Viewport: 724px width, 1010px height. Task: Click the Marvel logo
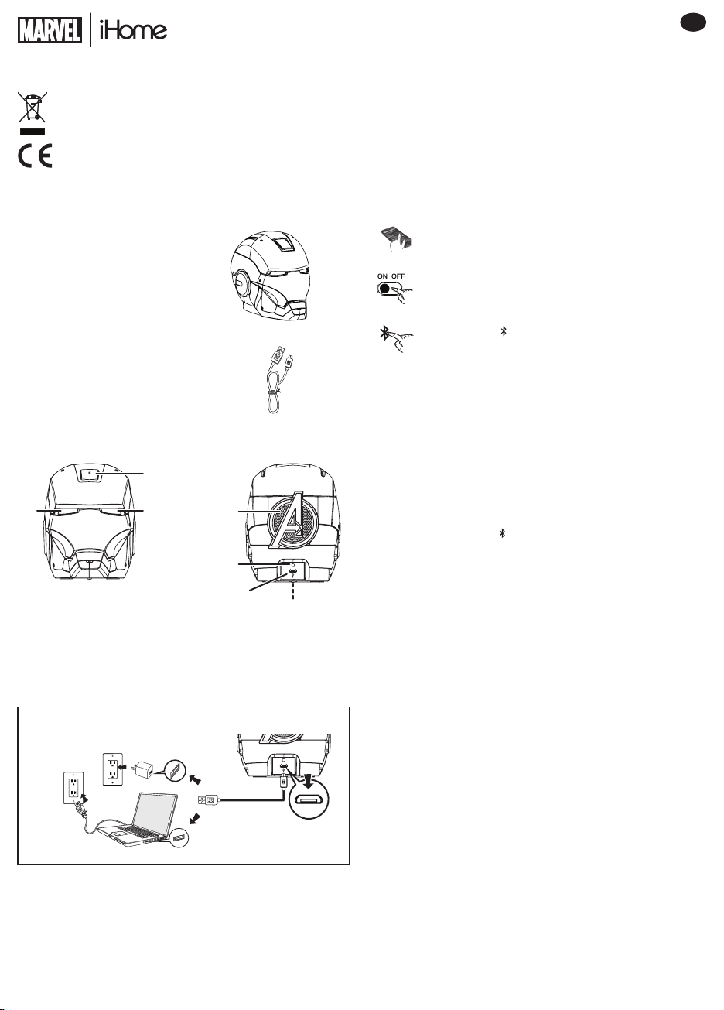coord(50,30)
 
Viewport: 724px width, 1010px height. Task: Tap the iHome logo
coord(133,30)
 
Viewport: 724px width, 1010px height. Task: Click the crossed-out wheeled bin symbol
coord(32,107)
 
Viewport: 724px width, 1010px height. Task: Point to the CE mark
coord(35,156)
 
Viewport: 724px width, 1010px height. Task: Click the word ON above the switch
coord(382,276)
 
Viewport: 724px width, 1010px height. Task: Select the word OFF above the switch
coord(398,276)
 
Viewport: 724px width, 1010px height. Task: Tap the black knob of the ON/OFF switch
coord(384,289)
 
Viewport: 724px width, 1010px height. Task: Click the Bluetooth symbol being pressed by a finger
coord(384,334)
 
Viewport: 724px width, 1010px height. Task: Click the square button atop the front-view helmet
coord(91,473)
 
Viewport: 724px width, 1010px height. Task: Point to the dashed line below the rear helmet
coord(293,591)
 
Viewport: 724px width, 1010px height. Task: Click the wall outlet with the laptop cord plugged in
coord(73,788)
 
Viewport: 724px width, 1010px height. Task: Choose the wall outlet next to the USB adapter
coord(112,769)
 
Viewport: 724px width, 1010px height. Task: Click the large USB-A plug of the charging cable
coord(208,800)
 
